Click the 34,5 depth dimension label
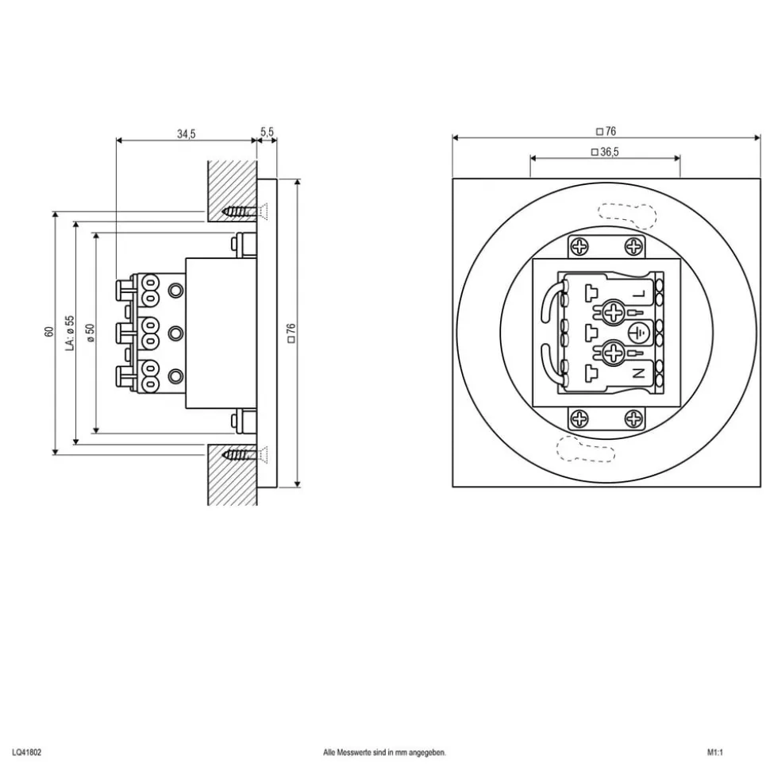click(x=186, y=133)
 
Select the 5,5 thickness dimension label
click(x=267, y=132)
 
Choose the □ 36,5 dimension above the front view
click(x=605, y=150)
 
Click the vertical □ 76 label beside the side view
click(x=291, y=332)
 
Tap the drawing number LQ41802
click(x=27, y=751)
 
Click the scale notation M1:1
click(x=716, y=751)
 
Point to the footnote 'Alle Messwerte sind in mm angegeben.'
click(x=385, y=751)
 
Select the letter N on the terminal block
click(x=641, y=372)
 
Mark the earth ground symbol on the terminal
click(x=638, y=332)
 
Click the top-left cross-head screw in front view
click(x=581, y=247)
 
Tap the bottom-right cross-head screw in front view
click(x=633, y=418)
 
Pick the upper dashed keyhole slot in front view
click(x=627, y=214)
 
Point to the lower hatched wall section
click(x=232, y=476)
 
